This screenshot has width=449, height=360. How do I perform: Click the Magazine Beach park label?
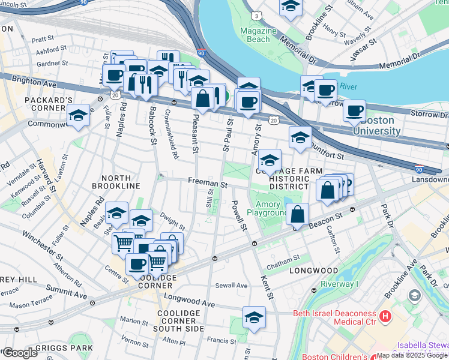tap(259, 35)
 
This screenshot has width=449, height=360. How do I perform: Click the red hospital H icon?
tap(385, 314)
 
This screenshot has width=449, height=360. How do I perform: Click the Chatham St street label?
tap(283, 259)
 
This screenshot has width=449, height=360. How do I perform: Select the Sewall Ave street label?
tap(232, 286)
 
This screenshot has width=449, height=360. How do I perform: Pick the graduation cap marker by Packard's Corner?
tap(78, 115)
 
